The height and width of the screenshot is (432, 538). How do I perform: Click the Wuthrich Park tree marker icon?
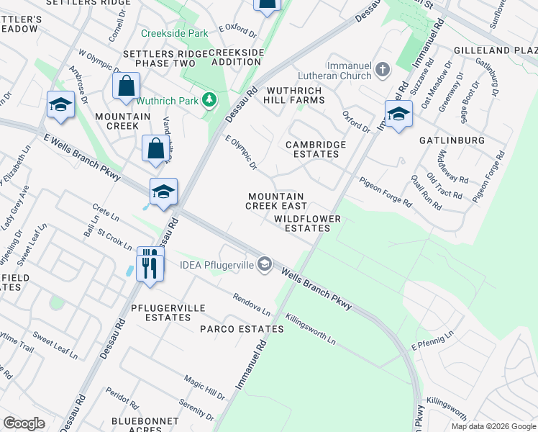point(209,99)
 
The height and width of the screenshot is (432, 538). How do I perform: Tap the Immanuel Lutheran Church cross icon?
point(383,70)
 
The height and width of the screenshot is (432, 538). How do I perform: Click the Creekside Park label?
point(175,33)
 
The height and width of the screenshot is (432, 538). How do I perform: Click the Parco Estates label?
point(242,329)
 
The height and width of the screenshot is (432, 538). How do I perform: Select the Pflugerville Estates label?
point(158,312)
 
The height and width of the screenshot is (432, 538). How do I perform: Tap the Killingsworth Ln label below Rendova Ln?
point(310,328)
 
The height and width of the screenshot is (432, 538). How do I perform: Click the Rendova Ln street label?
point(251,305)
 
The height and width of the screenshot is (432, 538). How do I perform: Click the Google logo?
point(24,423)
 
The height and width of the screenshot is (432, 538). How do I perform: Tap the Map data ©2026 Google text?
point(493,426)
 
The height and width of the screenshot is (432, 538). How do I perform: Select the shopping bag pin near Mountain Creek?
point(126,86)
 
